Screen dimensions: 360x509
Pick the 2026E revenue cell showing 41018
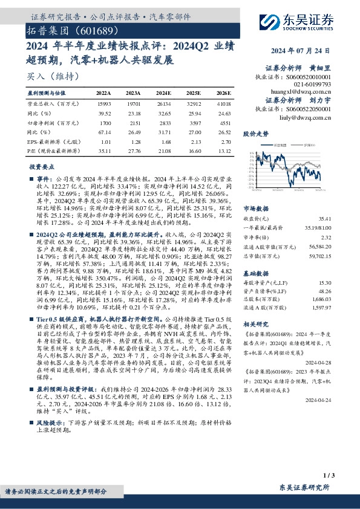point(223,105)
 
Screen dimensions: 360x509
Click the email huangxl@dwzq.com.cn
point(294,87)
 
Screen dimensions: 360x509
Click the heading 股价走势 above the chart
point(255,132)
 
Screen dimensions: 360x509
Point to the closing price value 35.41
point(327,217)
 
